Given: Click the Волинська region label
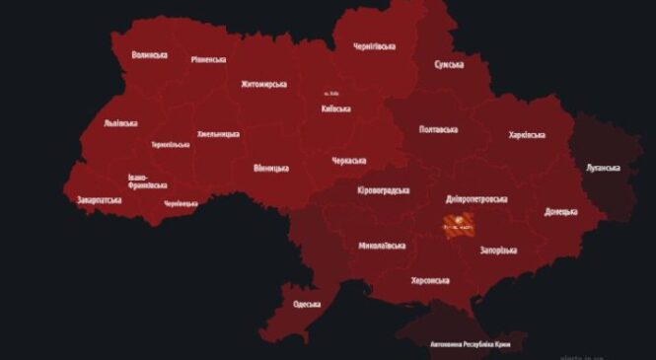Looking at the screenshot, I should [149, 55].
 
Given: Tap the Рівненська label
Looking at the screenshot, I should [211, 59].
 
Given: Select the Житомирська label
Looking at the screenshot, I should [263, 85].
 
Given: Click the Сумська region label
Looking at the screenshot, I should [449, 65].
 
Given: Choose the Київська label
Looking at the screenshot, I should [335, 108].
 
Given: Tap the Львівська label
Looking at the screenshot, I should [120, 123].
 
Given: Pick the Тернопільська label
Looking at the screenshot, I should [171, 145].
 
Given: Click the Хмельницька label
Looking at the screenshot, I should [218, 133].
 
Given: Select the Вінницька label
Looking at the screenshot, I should [270, 168].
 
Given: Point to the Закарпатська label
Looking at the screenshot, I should [100, 200].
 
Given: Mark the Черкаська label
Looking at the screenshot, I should [349, 160].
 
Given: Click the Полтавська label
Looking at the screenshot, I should [438, 129].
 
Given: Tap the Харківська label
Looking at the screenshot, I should [528, 134].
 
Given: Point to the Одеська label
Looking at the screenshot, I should [307, 304].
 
